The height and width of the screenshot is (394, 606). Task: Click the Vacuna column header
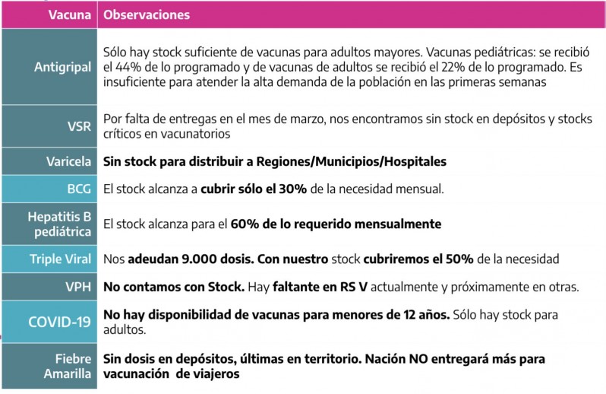tap(71, 14)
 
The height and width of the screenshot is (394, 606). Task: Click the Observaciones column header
tap(147, 14)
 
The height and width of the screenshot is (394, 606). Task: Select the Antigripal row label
tap(62, 67)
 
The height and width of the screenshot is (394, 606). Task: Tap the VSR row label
tap(79, 126)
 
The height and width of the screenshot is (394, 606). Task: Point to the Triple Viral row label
tap(60, 259)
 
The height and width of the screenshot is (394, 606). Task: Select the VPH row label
tap(78, 287)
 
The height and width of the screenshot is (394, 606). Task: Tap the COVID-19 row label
tap(59, 322)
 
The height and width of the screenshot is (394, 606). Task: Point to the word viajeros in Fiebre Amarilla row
tap(215, 374)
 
